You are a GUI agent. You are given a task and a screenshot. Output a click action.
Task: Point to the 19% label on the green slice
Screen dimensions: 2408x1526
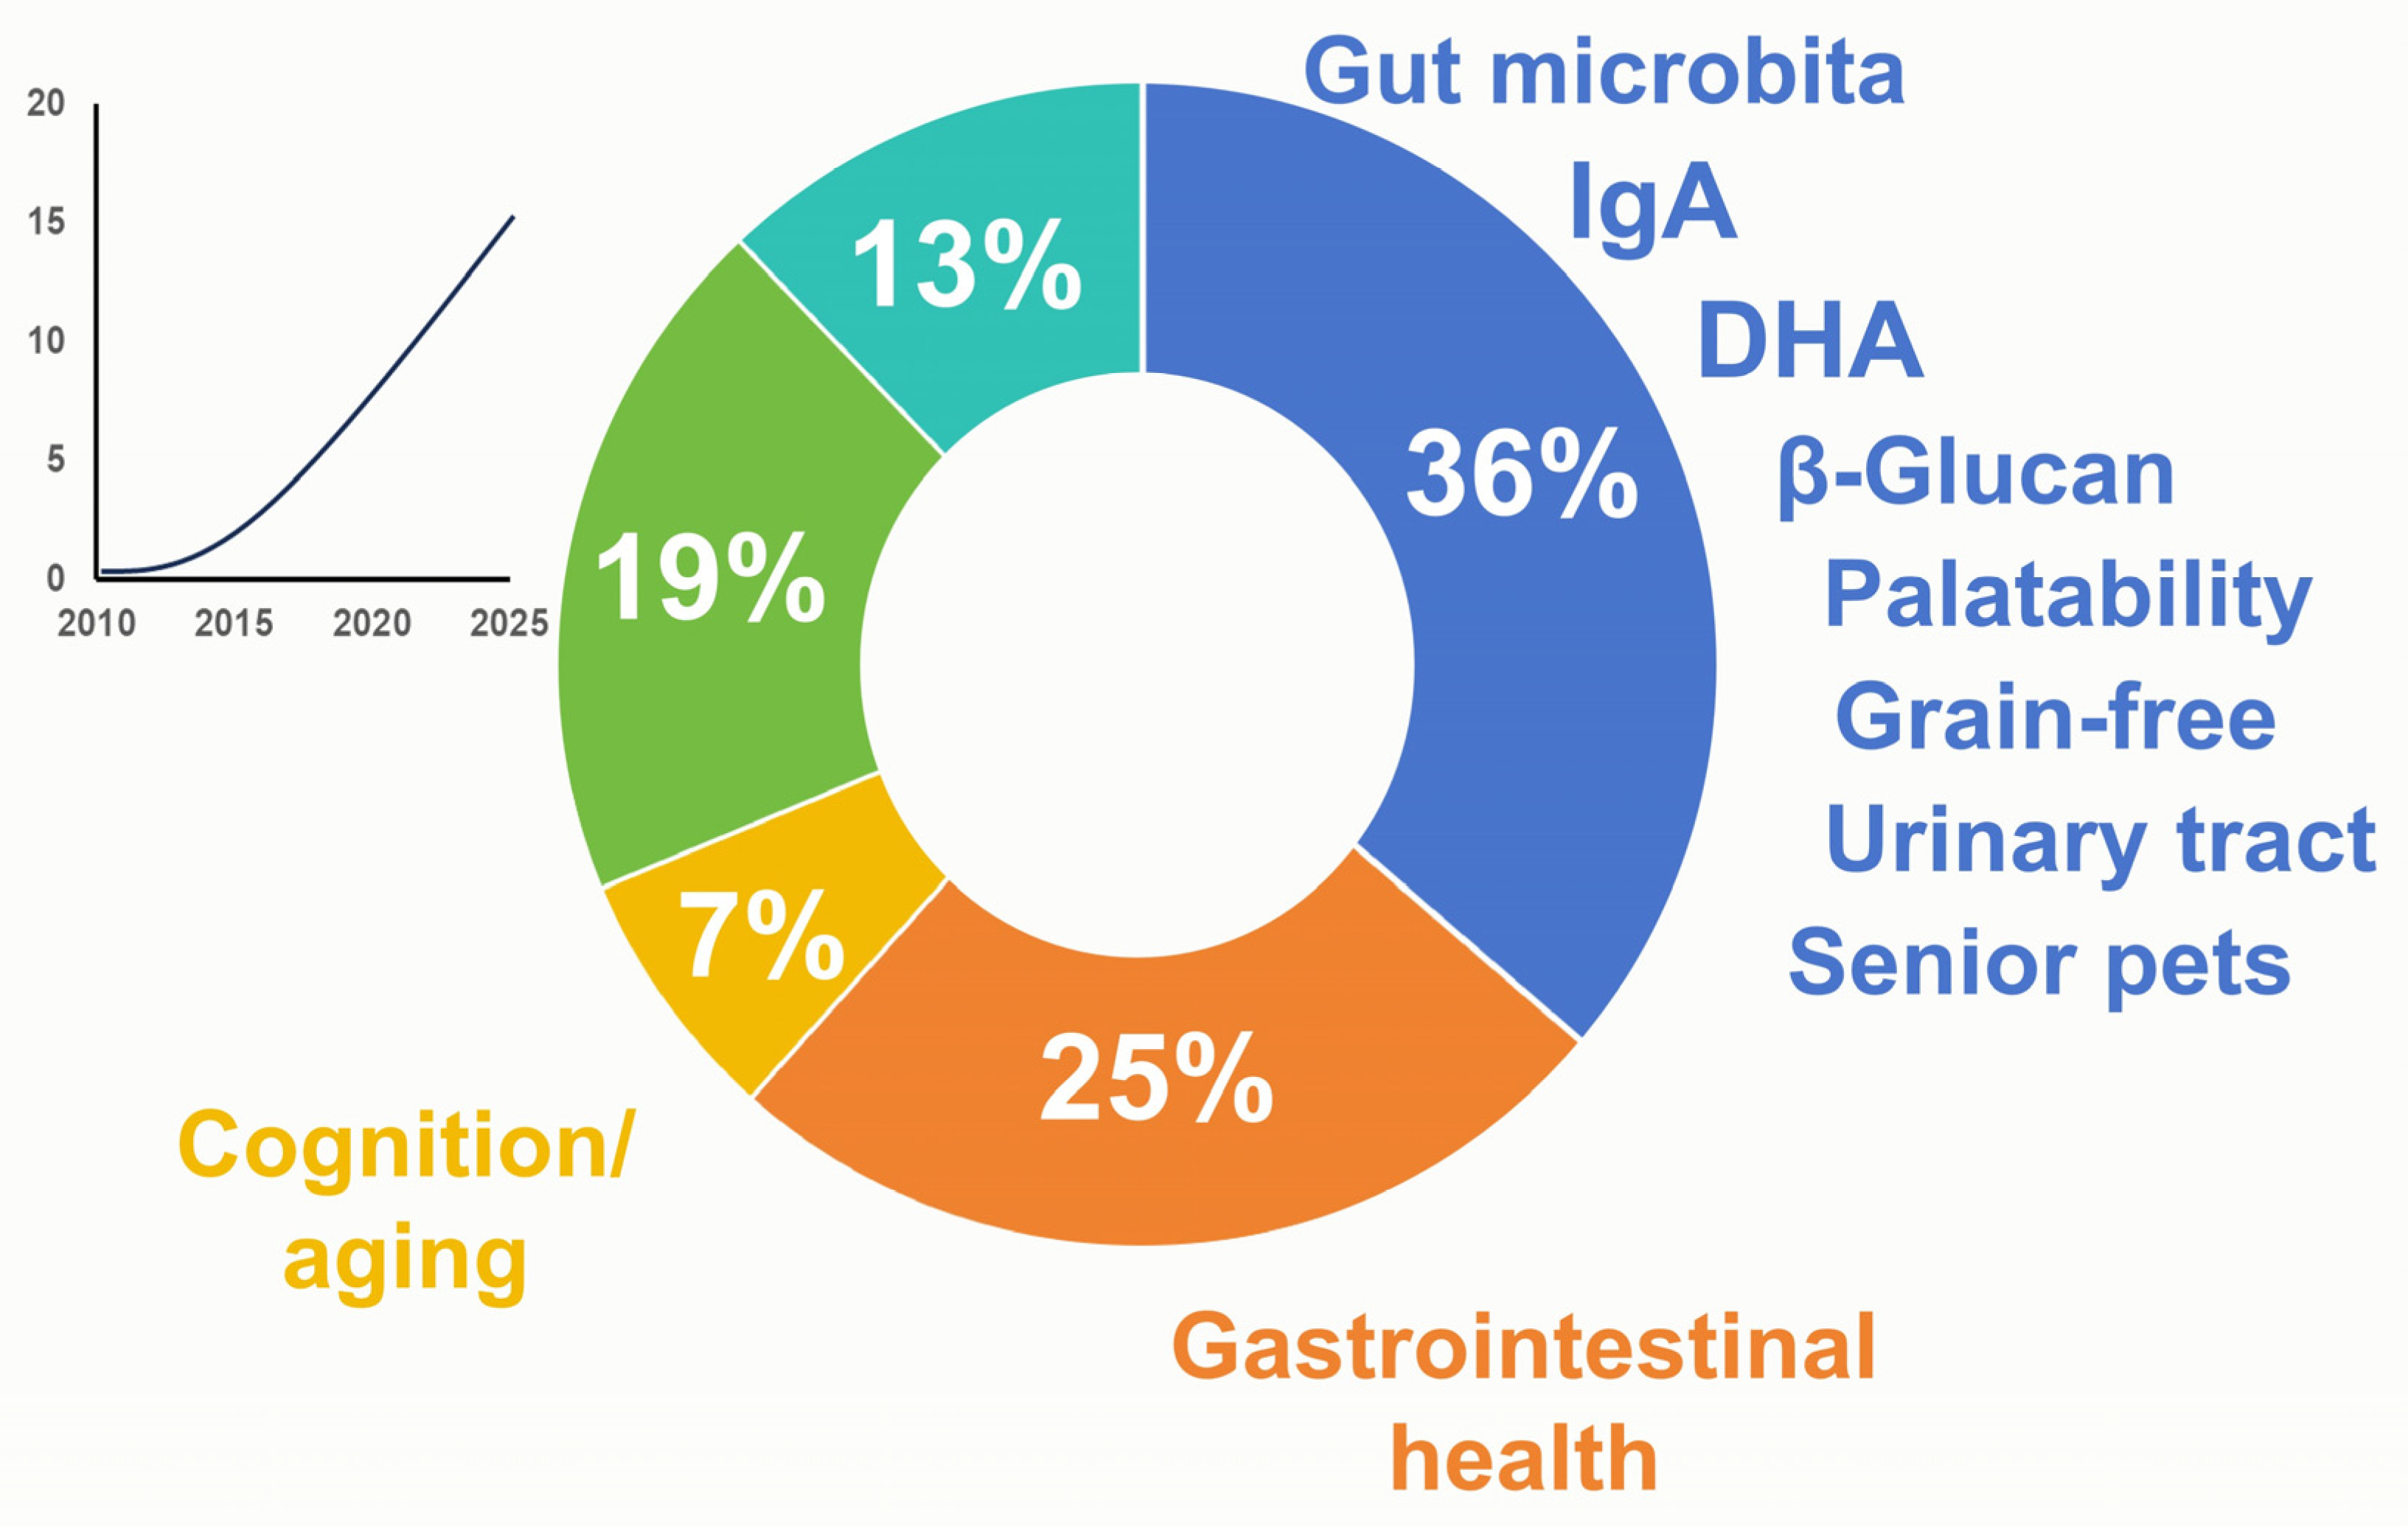pos(710,577)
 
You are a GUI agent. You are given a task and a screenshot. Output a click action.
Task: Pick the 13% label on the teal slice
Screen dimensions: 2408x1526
pos(967,265)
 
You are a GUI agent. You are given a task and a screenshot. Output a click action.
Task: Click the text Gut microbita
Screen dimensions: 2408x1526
pos(1604,72)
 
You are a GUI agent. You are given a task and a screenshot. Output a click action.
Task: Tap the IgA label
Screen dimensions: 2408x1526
pos(1652,205)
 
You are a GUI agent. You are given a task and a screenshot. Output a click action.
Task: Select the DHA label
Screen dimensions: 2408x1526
pos(1810,340)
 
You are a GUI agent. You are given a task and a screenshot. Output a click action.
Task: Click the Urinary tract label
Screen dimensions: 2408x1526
pos(2100,841)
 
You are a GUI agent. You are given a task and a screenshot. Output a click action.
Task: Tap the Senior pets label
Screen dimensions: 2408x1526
pos(2039,965)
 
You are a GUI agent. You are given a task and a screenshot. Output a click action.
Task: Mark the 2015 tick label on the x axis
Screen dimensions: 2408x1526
pos(233,623)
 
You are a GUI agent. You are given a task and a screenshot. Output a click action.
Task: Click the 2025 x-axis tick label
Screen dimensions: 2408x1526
pos(509,623)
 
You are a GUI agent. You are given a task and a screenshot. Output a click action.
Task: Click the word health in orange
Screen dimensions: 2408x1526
pos(1523,1459)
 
